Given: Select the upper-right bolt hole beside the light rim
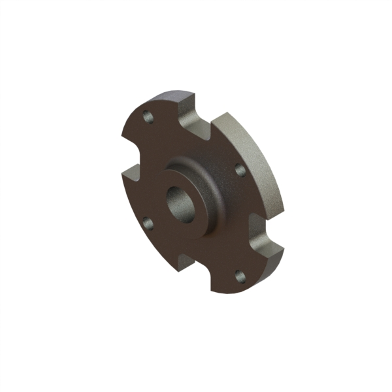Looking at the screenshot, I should (x=240, y=170).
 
